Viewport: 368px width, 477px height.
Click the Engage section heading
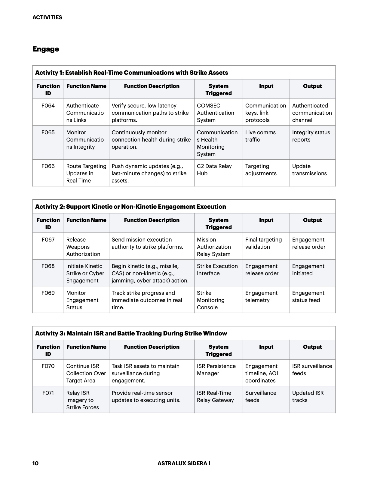[x=46, y=49]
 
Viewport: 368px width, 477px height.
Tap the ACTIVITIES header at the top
[x=47, y=17]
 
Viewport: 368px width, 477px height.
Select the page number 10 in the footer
[x=35, y=463]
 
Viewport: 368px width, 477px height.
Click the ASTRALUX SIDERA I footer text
[x=184, y=463]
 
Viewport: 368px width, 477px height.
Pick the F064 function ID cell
[x=48, y=106]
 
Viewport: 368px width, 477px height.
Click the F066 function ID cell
[x=48, y=166]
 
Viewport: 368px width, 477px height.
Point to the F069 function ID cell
[x=48, y=293]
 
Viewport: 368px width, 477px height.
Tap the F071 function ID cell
[x=48, y=393]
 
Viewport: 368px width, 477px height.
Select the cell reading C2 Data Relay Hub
[x=214, y=170]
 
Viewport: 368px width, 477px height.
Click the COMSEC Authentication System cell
[x=215, y=113]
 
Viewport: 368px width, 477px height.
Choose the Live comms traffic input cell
[x=260, y=136]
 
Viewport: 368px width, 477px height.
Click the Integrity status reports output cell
[x=311, y=136]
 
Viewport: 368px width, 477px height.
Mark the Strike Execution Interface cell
[x=217, y=270]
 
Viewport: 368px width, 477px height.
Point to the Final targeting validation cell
[x=263, y=243]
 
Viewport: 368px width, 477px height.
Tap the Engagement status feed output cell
[x=308, y=297]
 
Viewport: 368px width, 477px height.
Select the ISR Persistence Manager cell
[x=216, y=370]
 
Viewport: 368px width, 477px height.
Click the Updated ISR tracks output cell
[x=308, y=397]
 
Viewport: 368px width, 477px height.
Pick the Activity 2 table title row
[x=130, y=207]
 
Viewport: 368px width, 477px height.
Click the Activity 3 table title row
[x=131, y=333]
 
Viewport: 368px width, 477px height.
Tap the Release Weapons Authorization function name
[x=83, y=247]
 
